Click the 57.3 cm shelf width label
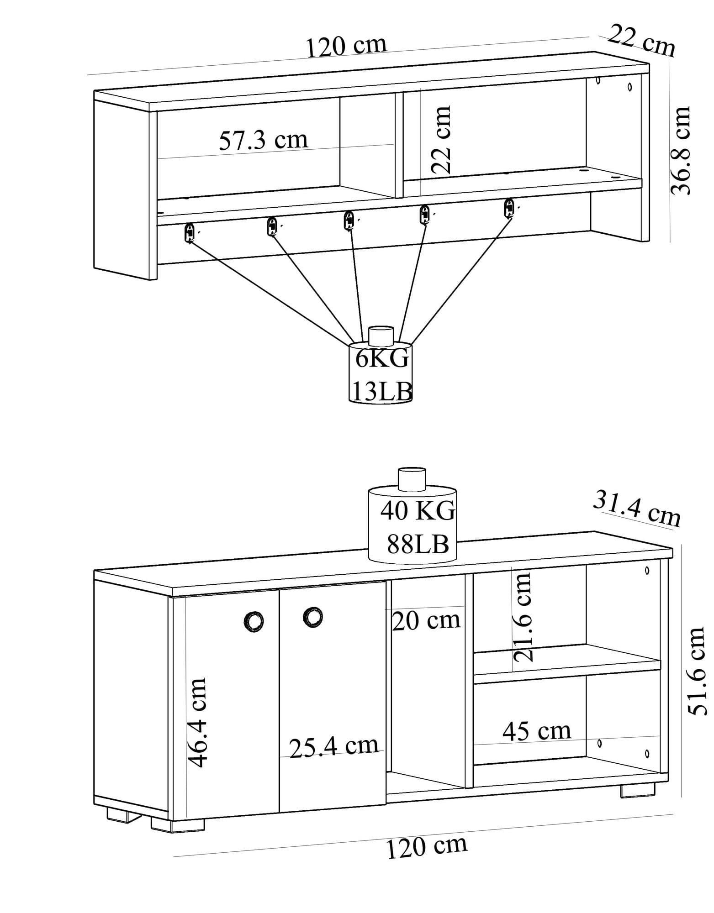(x=264, y=140)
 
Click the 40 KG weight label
(x=418, y=510)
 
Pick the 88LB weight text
(x=418, y=544)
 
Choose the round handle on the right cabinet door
(x=312, y=617)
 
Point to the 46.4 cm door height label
(x=198, y=722)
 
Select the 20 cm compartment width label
(x=426, y=620)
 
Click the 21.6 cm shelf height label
(x=523, y=617)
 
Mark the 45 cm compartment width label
(x=537, y=731)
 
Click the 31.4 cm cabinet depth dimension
(x=637, y=509)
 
